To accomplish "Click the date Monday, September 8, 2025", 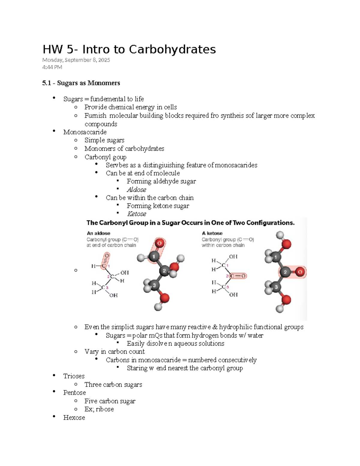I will [76, 60].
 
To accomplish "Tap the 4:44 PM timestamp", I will [52, 67].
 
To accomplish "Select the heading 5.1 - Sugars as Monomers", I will [81, 83].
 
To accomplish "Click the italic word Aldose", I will [136, 190].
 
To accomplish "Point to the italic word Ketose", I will [136, 214].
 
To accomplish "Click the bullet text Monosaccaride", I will [85, 132].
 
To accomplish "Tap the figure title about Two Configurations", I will [190, 223].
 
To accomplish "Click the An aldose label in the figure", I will [98, 233].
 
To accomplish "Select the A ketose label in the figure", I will [212, 233].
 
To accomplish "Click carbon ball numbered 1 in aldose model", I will [154, 257].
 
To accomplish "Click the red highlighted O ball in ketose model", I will [300, 272].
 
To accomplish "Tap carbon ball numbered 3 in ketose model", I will [276, 287].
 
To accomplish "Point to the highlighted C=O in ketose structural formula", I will [238, 276].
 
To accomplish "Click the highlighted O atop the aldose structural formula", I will [107, 256].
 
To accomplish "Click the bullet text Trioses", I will [74, 376].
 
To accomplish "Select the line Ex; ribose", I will [99, 409].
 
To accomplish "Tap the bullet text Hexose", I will [74, 418].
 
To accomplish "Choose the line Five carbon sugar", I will [110, 401].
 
